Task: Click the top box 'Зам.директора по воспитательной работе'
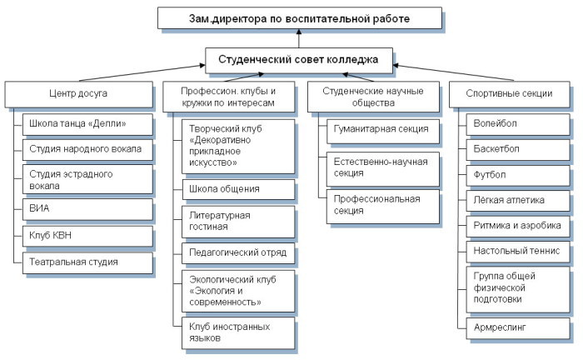click(297, 17)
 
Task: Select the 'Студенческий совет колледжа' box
click(297, 60)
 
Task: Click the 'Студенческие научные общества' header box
click(372, 97)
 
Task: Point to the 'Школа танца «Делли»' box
click(85, 125)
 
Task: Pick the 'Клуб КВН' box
click(85, 236)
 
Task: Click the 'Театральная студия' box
click(85, 262)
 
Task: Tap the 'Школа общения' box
click(237, 189)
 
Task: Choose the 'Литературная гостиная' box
click(237, 221)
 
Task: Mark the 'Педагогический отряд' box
click(237, 252)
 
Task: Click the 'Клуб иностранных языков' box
click(237, 332)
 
